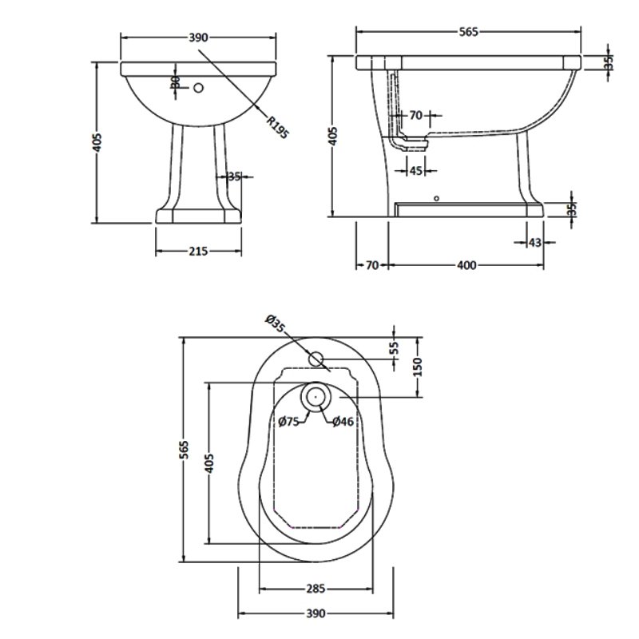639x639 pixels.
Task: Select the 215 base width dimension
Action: [x=198, y=251]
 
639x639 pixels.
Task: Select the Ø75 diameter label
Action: [x=288, y=422]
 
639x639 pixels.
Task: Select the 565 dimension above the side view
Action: [x=469, y=32]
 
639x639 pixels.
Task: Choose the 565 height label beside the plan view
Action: [x=183, y=449]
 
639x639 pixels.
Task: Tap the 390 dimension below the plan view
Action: [x=316, y=613]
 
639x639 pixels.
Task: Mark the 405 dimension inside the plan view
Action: [x=210, y=464]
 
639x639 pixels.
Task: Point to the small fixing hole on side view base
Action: [x=435, y=197]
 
